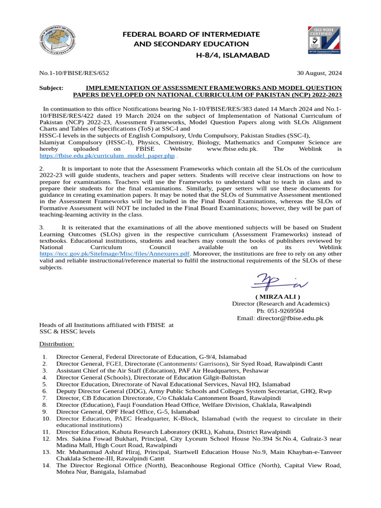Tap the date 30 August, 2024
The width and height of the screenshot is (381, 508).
click(x=319, y=73)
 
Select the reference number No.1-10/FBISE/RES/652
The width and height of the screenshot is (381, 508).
click(x=74, y=73)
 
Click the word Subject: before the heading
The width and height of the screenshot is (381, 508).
click(x=51, y=87)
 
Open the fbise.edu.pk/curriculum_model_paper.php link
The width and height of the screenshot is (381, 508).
click(x=107, y=156)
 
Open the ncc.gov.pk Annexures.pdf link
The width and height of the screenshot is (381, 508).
click(x=114, y=253)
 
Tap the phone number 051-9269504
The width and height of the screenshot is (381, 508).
click(x=287, y=311)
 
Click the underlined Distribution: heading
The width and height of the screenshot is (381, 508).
click(x=57, y=344)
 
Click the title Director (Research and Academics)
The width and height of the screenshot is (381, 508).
click(x=280, y=304)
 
